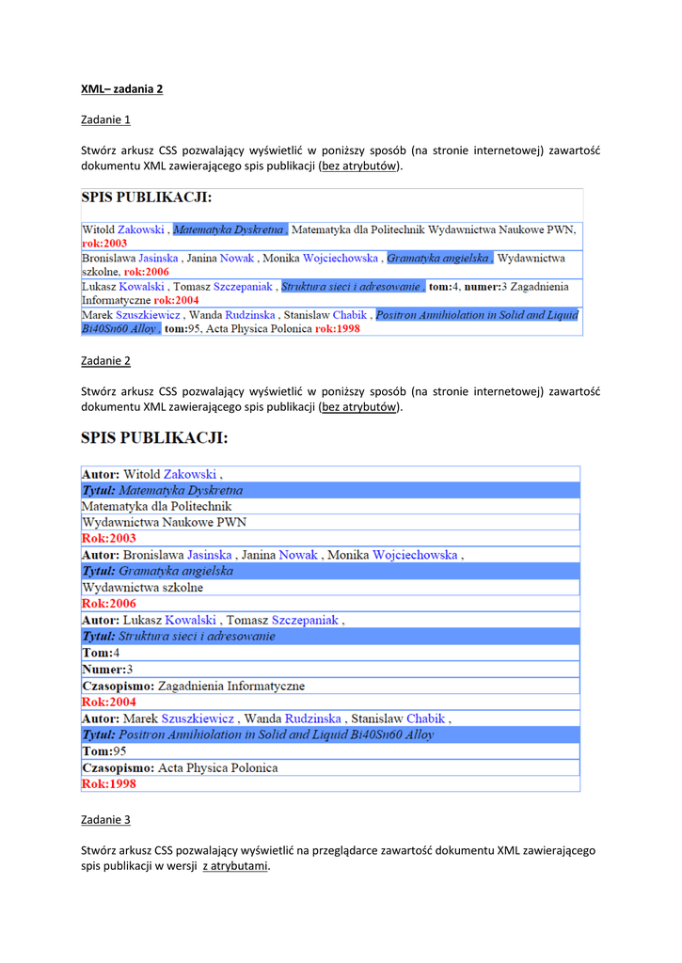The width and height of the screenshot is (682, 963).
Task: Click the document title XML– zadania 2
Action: [x=121, y=88]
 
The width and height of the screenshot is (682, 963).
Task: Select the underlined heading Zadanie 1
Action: [x=105, y=119]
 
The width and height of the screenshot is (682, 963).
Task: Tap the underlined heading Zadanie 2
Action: [x=105, y=360]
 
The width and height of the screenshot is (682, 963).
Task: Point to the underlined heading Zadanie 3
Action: [x=105, y=820]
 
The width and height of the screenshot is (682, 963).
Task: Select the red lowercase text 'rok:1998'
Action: [x=337, y=329]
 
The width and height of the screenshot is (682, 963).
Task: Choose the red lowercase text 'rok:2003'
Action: [x=104, y=243]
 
